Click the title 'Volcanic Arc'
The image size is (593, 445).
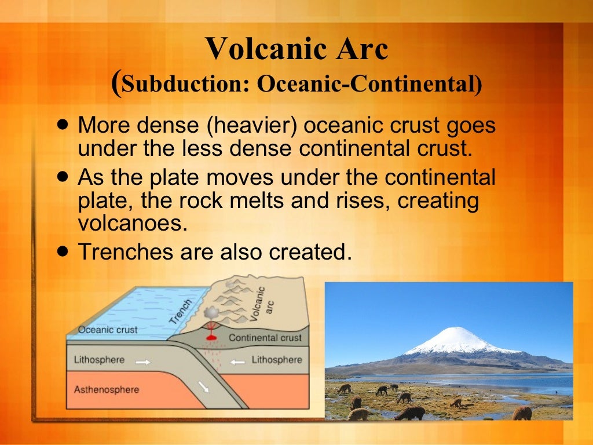pyautogui.click(x=296, y=49)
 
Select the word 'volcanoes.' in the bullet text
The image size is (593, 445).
pyautogui.click(x=133, y=223)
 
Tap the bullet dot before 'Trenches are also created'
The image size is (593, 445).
pyautogui.click(x=63, y=250)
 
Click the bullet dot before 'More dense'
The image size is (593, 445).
pyautogui.click(x=63, y=125)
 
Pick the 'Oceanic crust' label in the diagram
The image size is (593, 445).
pyautogui.click(x=108, y=330)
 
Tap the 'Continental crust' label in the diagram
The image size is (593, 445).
pyautogui.click(x=265, y=338)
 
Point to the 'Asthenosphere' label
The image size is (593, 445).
pyautogui.click(x=107, y=389)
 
